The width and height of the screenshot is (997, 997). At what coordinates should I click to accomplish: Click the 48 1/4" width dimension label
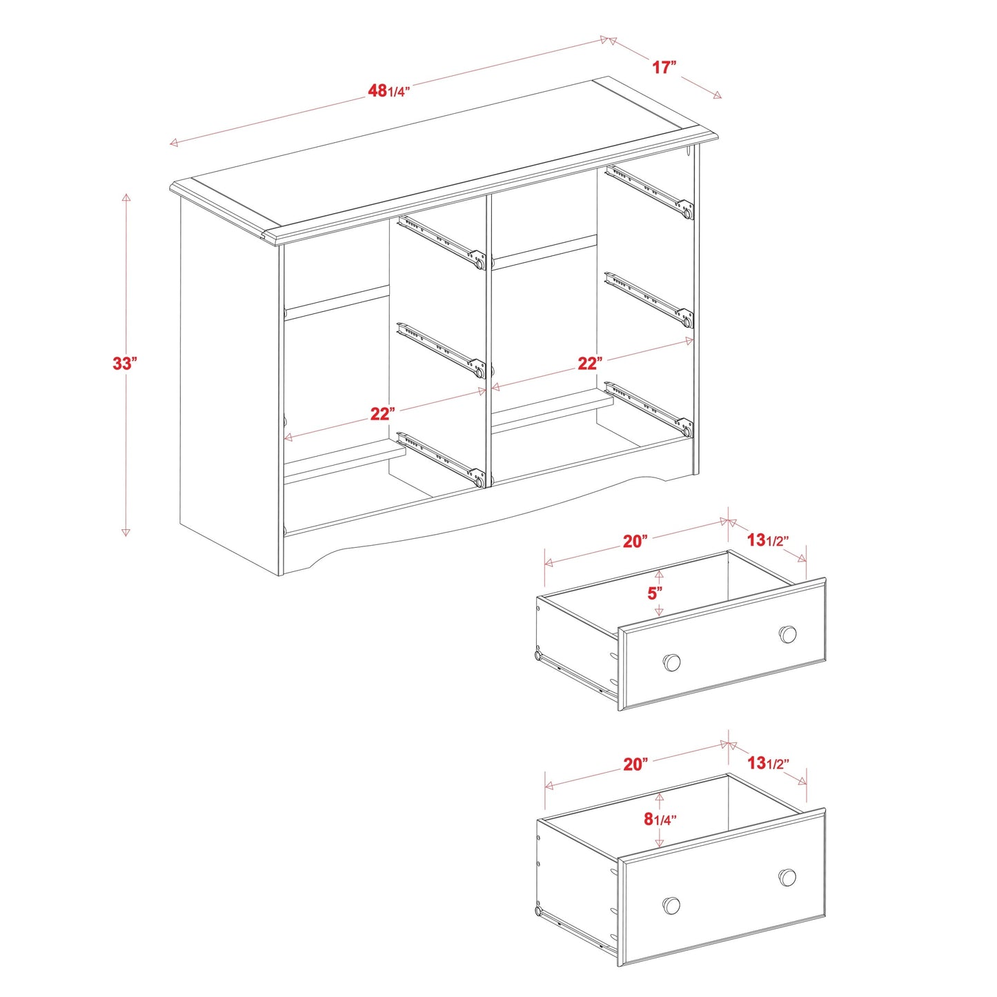click(x=389, y=90)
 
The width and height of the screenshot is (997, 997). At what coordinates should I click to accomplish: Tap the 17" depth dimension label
click(x=664, y=67)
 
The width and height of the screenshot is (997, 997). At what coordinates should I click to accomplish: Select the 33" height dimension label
click(x=125, y=363)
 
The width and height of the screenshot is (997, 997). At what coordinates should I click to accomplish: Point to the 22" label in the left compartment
click(x=382, y=413)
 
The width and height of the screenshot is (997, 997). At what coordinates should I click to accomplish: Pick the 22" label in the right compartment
click(x=590, y=363)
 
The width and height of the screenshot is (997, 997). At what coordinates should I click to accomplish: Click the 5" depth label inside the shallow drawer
click(x=655, y=593)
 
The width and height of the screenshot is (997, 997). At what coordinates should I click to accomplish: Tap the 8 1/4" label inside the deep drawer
click(x=660, y=818)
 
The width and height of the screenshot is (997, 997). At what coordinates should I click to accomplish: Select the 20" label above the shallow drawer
click(x=635, y=541)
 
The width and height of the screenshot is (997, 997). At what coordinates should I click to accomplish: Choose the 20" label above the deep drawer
click(x=635, y=764)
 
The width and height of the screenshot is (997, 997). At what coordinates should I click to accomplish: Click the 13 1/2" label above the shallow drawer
click(x=767, y=540)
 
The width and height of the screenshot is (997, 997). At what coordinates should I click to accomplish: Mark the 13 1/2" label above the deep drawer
click(x=767, y=762)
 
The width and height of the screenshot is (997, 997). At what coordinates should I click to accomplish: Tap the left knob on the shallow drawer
click(x=671, y=662)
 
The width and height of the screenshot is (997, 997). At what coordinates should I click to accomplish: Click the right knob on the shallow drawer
click(x=788, y=634)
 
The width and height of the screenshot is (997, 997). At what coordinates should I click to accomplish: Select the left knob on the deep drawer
click(x=671, y=905)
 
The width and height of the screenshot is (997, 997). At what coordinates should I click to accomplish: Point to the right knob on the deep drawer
click(x=787, y=878)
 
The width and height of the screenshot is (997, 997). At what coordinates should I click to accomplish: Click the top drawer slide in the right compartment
click(x=649, y=191)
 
